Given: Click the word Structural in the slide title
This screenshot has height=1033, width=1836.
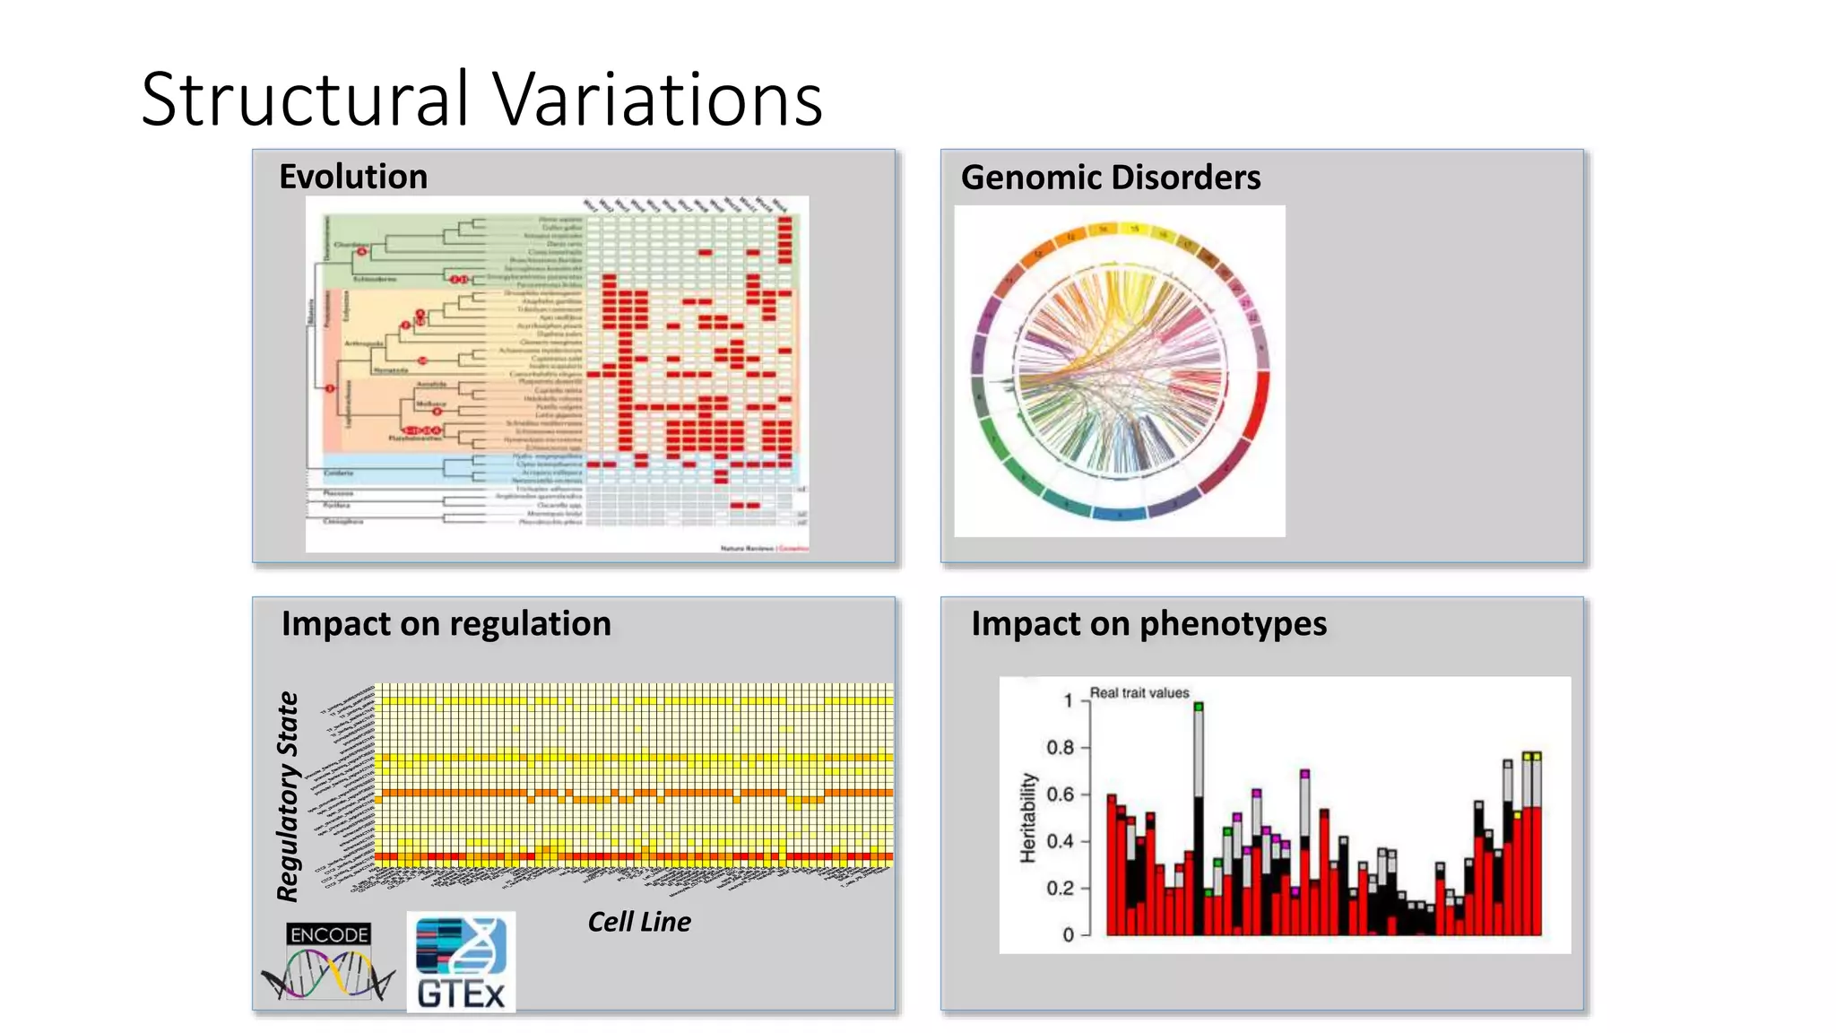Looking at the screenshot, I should click(x=305, y=99).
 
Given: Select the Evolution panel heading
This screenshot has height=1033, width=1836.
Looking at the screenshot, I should click(x=353, y=177).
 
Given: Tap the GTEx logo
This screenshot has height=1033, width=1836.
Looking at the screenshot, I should click(x=461, y=962).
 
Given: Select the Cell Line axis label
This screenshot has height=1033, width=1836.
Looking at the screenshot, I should click(x=639, y=922).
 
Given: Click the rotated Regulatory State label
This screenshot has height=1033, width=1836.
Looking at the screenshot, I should click(x=288, y=796).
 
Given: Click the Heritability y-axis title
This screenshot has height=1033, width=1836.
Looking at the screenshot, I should click(x=1028, y=818).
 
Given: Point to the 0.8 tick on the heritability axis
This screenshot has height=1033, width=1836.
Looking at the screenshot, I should click(x=1060, y=748).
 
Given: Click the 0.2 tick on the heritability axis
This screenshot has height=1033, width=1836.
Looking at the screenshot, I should click(x=1060, y=889).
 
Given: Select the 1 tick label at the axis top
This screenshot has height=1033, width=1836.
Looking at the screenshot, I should click(x=1068, y=701).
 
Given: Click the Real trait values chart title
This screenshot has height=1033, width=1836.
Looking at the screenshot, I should click(x=1139, y=693).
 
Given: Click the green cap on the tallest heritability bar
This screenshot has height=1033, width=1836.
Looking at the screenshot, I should click(x=1199, y=707).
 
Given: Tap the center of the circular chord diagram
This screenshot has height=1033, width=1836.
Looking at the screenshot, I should click(x=1120, y=371).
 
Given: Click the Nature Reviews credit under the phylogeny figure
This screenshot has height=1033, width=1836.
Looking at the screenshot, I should click(x=764, y=548).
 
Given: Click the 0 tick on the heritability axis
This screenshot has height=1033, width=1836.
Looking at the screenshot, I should click(x=1068, y=935).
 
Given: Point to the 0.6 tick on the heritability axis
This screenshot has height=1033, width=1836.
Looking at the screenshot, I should click(x=1060, y=794).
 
